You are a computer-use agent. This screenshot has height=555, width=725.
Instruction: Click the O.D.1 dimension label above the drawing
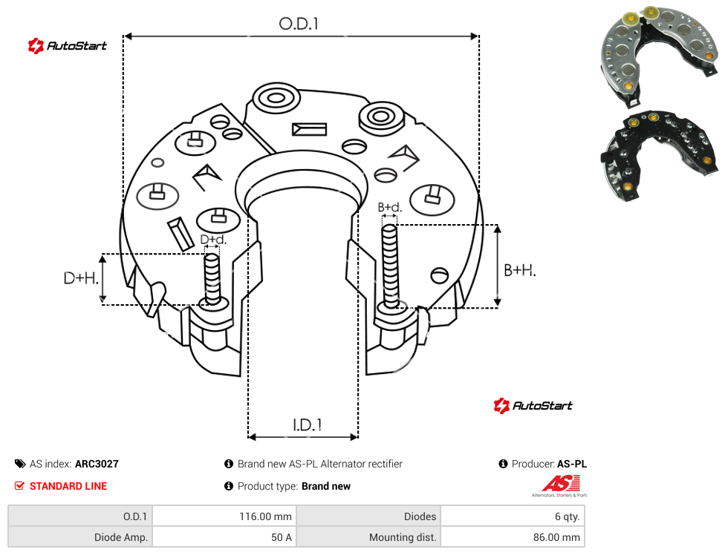(299, 24)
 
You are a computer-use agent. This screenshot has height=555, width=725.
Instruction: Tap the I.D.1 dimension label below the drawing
(308, 425)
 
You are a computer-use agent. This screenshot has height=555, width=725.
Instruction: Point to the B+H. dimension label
(520, 270)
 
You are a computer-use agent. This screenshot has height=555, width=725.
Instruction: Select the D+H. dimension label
(81, 278)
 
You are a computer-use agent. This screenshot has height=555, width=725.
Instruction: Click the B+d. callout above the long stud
(390, 207)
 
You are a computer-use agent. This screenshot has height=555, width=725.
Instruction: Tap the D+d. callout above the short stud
(213, 240)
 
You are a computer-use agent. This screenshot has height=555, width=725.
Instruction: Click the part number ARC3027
(97, 464)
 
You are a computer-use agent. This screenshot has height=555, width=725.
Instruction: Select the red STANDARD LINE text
(68, 486)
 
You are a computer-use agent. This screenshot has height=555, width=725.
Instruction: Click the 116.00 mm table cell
(265, 516)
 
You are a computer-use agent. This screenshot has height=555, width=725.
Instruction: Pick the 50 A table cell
(281, 537)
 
